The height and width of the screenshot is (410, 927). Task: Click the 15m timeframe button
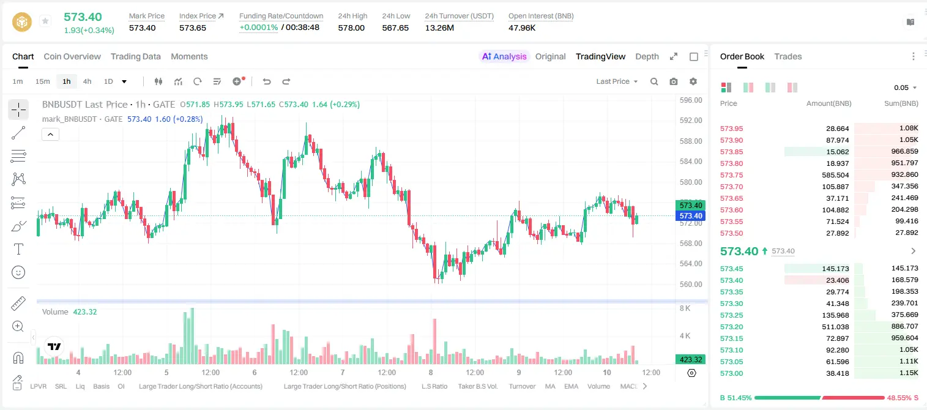click(x=43, y=81)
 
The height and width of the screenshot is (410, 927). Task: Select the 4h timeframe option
click(x=87, y=81)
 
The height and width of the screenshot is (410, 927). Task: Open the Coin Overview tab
click(x=72, y=57)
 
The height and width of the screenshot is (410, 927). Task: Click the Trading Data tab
click(x=136, y=57)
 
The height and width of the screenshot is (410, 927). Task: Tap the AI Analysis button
click(x=504, y=56)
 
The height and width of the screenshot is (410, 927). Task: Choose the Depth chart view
click(x=647, y=57)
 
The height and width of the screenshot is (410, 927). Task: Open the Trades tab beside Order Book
click(x=788, y=57)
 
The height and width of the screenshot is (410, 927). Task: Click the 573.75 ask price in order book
click(x=731, y=175)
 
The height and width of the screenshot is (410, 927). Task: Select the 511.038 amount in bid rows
click(x=835, y=327)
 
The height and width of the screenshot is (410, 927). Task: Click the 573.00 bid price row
click(x=731, y=373)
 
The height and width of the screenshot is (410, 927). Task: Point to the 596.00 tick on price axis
click(x=691, y=100)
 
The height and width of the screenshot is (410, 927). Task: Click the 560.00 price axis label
click(x=691, y=284)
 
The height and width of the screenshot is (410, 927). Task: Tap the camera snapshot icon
click(x=674, y=81)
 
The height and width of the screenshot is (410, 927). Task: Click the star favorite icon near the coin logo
click(x=45, y=21)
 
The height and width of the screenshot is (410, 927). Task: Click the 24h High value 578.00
click(x=351, y=28)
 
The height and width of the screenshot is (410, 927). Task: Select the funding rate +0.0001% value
click(x=259, y=28)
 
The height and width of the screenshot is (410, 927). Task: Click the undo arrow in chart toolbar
click(x=267, y=81)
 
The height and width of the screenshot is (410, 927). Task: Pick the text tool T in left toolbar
click(x=18, y=249)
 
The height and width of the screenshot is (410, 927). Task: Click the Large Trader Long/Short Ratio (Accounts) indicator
click(x=201, y=386)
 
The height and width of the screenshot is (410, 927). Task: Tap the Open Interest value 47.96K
click(x=522, y=28)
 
